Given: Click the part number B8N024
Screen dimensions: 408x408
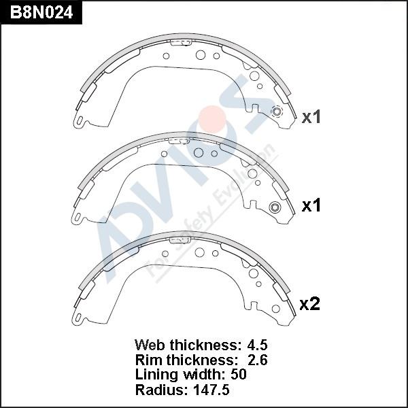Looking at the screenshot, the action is point(41,12).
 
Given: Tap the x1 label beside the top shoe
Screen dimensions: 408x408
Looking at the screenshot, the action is point(311,117).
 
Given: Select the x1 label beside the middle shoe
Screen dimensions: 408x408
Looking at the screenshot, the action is point(311,206).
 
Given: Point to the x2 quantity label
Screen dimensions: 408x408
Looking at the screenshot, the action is point(309,304).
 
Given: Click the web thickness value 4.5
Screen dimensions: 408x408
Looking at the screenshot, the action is point(257,345).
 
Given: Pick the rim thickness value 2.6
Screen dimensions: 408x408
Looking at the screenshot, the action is point(257,360).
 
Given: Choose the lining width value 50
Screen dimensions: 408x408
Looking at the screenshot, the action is point(239,375).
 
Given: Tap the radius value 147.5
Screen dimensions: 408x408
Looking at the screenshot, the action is point(211,390).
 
